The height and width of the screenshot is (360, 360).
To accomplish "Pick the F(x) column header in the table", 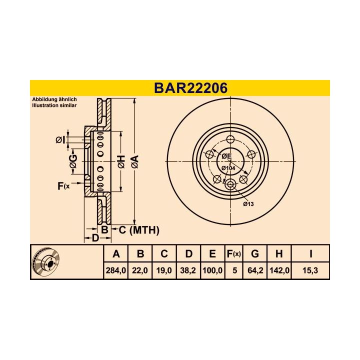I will (233, 254).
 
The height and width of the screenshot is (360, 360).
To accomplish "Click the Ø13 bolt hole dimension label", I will (248, 203).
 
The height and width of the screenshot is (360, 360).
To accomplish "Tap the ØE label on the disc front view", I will (226, 156).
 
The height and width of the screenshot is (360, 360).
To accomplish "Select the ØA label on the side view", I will (134, 161).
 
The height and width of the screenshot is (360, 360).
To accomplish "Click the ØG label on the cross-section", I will (73, 160).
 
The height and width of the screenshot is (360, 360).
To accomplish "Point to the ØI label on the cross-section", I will (60, 140).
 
